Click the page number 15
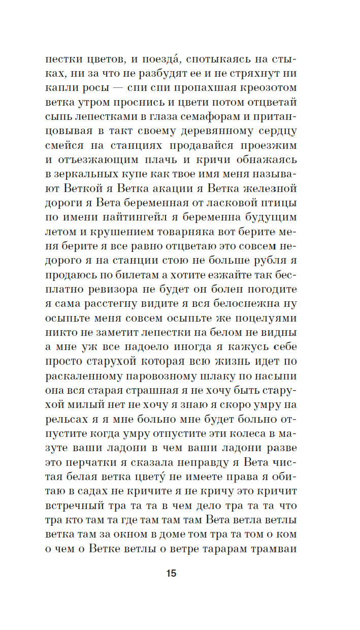click(171, 573)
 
